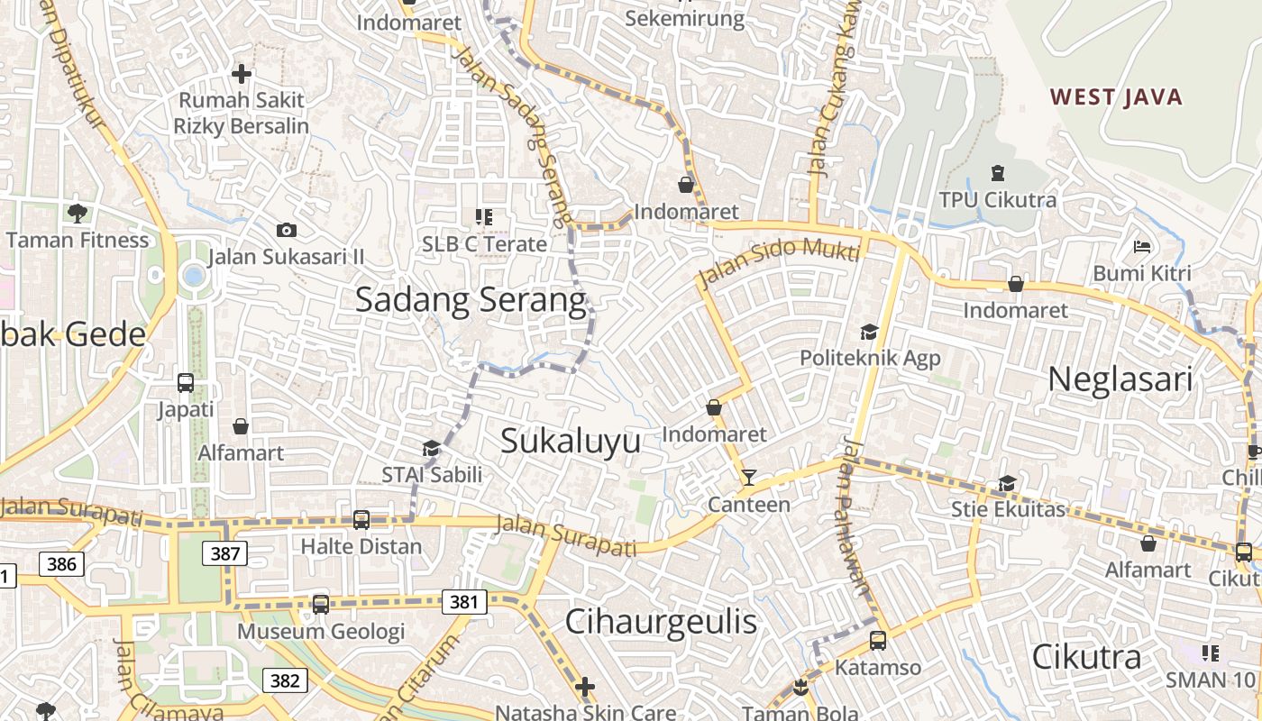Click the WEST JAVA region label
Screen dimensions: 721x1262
point(1116,97)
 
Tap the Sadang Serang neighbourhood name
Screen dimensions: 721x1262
point(471,299)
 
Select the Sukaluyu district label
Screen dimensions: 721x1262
point(571,441)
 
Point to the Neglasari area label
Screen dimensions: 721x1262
point(1120,379)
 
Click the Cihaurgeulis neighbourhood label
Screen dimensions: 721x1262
point(661,622)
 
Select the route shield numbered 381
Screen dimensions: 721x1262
point(464,601)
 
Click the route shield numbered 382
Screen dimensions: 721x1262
point(284,680)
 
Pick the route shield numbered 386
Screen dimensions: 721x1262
point(61,565)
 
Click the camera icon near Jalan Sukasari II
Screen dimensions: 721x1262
point(287,231)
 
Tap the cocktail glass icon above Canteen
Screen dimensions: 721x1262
point(748,478)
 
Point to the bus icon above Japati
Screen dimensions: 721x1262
point(186,383)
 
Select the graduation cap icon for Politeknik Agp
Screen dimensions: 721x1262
point(869,333)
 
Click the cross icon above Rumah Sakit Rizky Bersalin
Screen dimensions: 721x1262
point(241,74)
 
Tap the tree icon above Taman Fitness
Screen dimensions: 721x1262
point(77,214)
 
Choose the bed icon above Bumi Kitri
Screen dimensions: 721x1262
point(1142,247)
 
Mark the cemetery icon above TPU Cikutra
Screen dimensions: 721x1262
point(997,172)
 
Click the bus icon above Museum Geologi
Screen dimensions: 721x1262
point(321,605)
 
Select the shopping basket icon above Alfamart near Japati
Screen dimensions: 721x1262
point(241,426)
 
